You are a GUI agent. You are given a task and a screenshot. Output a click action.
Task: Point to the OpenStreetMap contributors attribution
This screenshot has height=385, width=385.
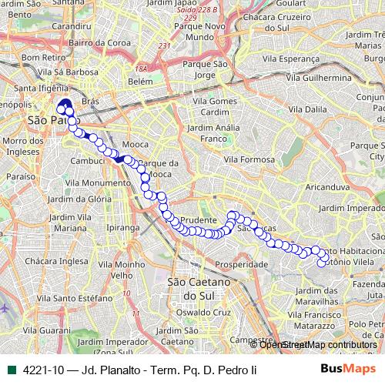pos(318,345)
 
